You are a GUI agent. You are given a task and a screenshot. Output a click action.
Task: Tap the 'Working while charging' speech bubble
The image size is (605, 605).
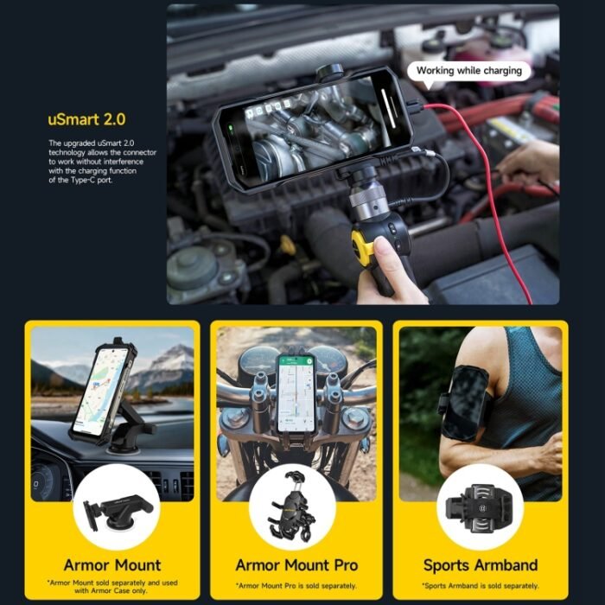pyautogui.click(x=469, y=71)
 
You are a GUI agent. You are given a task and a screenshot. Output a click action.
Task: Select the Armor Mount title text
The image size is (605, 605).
pyautogui.click(x=112, y=565)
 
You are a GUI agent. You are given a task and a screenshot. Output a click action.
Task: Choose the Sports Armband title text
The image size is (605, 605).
pyautogui.click(x=481, y=565)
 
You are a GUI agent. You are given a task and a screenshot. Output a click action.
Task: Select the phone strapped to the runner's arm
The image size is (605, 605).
pyautogui.click(x=465, y=403)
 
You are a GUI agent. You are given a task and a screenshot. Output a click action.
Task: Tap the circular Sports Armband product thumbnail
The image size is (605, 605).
pyautogui.click(x=480, y=506)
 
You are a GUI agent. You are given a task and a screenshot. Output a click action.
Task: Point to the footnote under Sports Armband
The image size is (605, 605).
pyautogui.click(x=481, y=586)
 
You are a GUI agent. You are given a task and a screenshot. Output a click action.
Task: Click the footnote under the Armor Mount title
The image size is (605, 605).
pyautogui.click(x=112, y=589)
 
